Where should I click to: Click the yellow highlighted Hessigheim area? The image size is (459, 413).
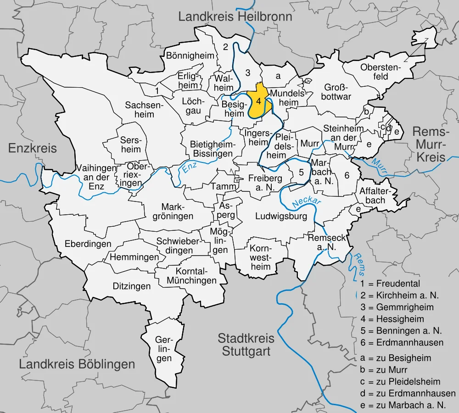(259, 102)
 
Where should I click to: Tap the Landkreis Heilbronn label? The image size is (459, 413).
(235, 17)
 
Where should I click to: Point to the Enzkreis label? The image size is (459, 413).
(33, 148)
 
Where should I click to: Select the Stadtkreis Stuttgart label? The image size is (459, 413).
(246, 345)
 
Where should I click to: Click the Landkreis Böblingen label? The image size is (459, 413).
(77, 364)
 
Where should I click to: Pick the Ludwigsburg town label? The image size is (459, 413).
(281, 217)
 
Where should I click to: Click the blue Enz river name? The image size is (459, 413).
(189, 167)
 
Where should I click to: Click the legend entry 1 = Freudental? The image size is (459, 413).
(390, 283)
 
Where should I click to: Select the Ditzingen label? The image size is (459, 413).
(132, 286)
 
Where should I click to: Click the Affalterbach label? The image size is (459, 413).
(372, 195)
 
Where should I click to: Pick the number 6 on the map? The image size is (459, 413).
(347, 175)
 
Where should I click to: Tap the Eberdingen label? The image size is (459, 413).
(88, 244)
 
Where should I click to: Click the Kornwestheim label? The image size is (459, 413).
(261, 257)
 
